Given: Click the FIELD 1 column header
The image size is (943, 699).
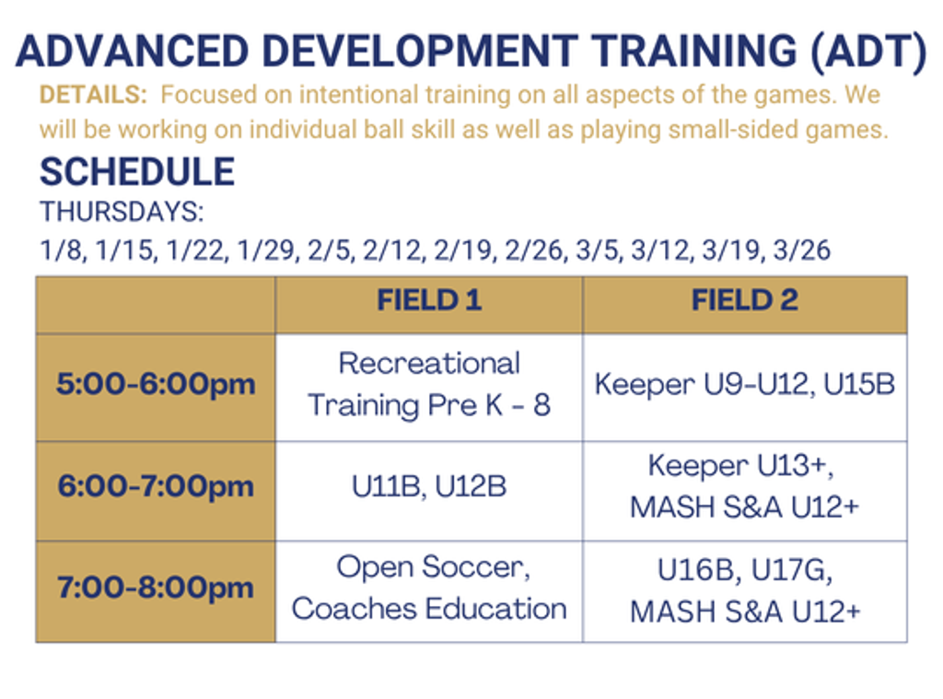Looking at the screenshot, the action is [429, 300].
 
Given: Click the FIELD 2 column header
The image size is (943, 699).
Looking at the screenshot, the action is [744, 300].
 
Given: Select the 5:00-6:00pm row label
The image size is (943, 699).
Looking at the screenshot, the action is [156, 385].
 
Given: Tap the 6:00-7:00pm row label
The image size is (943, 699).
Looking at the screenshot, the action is [156, 486].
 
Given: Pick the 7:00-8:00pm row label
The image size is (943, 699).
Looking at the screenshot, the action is [156, 588].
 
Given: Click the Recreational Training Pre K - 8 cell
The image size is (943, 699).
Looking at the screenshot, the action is [429, 384].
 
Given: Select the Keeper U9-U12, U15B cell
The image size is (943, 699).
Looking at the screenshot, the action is [744, 385].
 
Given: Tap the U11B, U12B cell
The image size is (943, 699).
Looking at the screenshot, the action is [429, 486].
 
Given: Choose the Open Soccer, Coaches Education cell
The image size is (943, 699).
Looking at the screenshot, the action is [429, 588].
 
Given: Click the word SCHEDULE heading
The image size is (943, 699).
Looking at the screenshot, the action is [137, 172].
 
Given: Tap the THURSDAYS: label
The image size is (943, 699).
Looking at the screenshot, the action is [122, 212].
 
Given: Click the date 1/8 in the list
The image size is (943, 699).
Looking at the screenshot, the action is [63, 250].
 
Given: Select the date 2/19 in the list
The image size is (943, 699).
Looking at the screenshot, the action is [464, 250].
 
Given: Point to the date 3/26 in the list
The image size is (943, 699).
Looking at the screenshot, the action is [802, 250].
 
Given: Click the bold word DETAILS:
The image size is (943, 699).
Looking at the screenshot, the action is [93, 95].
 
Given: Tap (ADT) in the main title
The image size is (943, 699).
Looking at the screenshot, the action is [868, 52].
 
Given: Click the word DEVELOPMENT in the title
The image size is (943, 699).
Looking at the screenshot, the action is [420, 52].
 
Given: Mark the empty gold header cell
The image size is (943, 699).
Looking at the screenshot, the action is [156, 305].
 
